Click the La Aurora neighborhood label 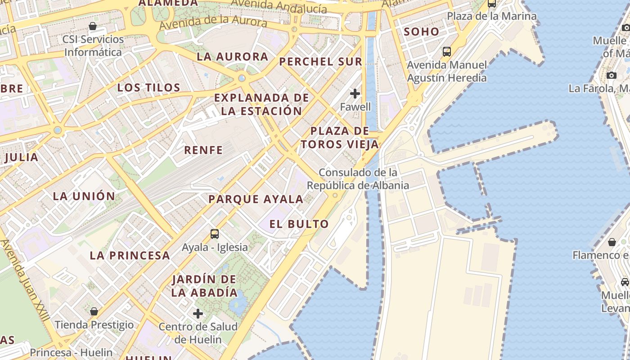232,57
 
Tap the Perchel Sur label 320,62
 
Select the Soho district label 421,31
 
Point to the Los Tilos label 148,87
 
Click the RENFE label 203,150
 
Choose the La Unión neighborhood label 84,196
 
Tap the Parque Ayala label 256,199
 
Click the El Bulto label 299,224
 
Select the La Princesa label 130,256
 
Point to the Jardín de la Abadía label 204,286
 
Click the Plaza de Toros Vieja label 340,138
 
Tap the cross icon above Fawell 355,94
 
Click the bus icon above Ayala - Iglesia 215,234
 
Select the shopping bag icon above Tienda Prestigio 94,311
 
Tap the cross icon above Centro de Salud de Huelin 198,314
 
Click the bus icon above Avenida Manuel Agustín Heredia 447,52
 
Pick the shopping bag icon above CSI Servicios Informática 93,26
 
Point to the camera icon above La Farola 611,75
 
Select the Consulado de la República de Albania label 358,179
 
